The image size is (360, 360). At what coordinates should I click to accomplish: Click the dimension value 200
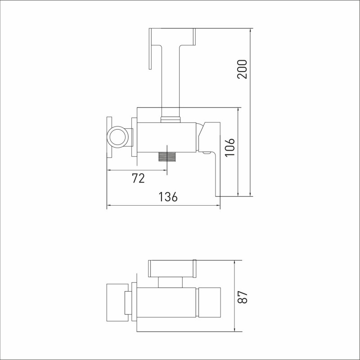tap(242, 69)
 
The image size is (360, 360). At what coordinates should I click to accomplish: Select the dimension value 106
tap(230, 148)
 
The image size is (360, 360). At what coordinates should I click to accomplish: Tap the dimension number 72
tap(139, 178)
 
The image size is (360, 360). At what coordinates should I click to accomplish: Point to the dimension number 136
tap(168, 197)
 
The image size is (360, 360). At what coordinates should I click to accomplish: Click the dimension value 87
tap(243, 297)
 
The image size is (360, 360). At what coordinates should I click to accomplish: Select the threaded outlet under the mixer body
tap(166, 157)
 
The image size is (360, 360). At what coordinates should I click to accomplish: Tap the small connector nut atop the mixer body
tap(171, 119)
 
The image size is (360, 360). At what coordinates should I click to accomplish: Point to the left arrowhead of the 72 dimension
tap(110, 170)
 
